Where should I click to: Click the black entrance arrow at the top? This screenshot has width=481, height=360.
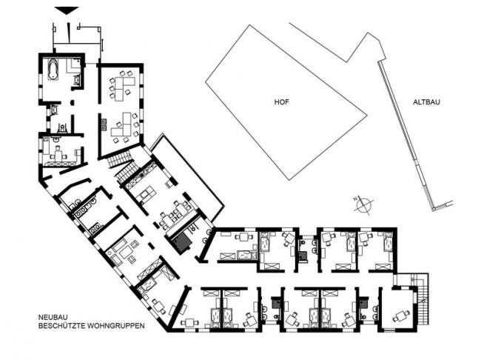(67, 10)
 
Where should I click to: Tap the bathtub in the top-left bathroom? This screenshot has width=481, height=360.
(53, 70)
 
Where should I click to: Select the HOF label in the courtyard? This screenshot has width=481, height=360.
(281, 102)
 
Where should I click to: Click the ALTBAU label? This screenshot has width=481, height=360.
(426, 102)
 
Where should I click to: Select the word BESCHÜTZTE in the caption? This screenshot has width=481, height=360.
(62, 326)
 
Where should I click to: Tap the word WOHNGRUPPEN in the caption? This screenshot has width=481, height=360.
(116, 326)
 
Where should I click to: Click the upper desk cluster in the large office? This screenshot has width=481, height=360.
(122, 85)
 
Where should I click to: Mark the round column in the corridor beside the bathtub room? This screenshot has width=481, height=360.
(73, 102)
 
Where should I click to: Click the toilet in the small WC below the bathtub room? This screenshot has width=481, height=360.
(63, 127)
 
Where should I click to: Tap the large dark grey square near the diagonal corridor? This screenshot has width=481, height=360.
(182, 241)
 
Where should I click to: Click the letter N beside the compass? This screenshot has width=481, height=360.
(356, 199)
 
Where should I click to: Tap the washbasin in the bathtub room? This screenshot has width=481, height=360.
(76, 81)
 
